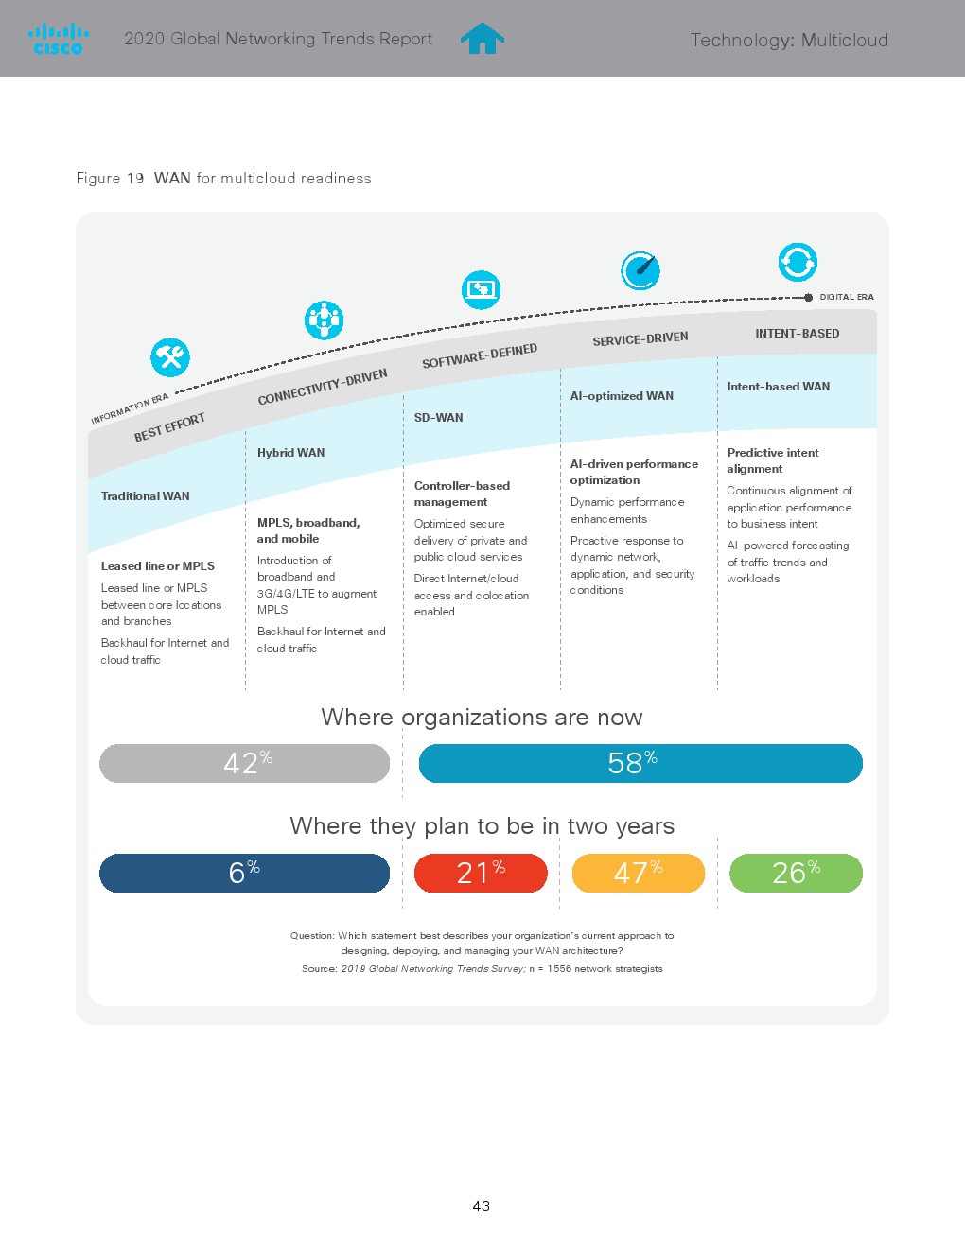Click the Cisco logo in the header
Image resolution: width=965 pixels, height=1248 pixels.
pos(59,40)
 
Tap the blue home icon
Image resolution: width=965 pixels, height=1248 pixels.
pos(482,39)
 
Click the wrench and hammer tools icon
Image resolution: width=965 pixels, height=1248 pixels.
pos(170,357)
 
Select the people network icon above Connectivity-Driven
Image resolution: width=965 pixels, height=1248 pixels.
pos(324,321)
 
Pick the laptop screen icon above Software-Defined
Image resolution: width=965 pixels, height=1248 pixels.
pos(481,289)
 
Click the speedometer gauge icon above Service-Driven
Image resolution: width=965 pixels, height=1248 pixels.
pos(640,270)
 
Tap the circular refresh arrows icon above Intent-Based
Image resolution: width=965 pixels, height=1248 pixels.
pos(798,262)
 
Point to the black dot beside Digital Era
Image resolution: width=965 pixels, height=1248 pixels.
pos(809,297)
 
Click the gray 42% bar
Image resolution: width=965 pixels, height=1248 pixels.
pos(244,763)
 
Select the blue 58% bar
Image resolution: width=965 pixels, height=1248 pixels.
pos(640,763)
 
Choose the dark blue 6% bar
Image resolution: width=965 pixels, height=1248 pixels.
pos(244,873)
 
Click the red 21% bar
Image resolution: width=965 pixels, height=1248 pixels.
pos(481,873)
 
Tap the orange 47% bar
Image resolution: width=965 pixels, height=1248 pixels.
pos(639,873)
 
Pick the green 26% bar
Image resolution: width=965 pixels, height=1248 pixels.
pos(796,873)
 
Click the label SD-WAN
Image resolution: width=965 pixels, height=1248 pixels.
pos(439,418)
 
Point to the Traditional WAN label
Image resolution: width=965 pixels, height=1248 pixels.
pos(146,496)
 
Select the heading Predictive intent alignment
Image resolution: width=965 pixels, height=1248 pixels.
pos(773,460)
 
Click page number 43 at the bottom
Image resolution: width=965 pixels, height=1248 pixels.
pos(482,1205)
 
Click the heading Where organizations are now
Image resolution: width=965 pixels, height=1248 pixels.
pos(482,718)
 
